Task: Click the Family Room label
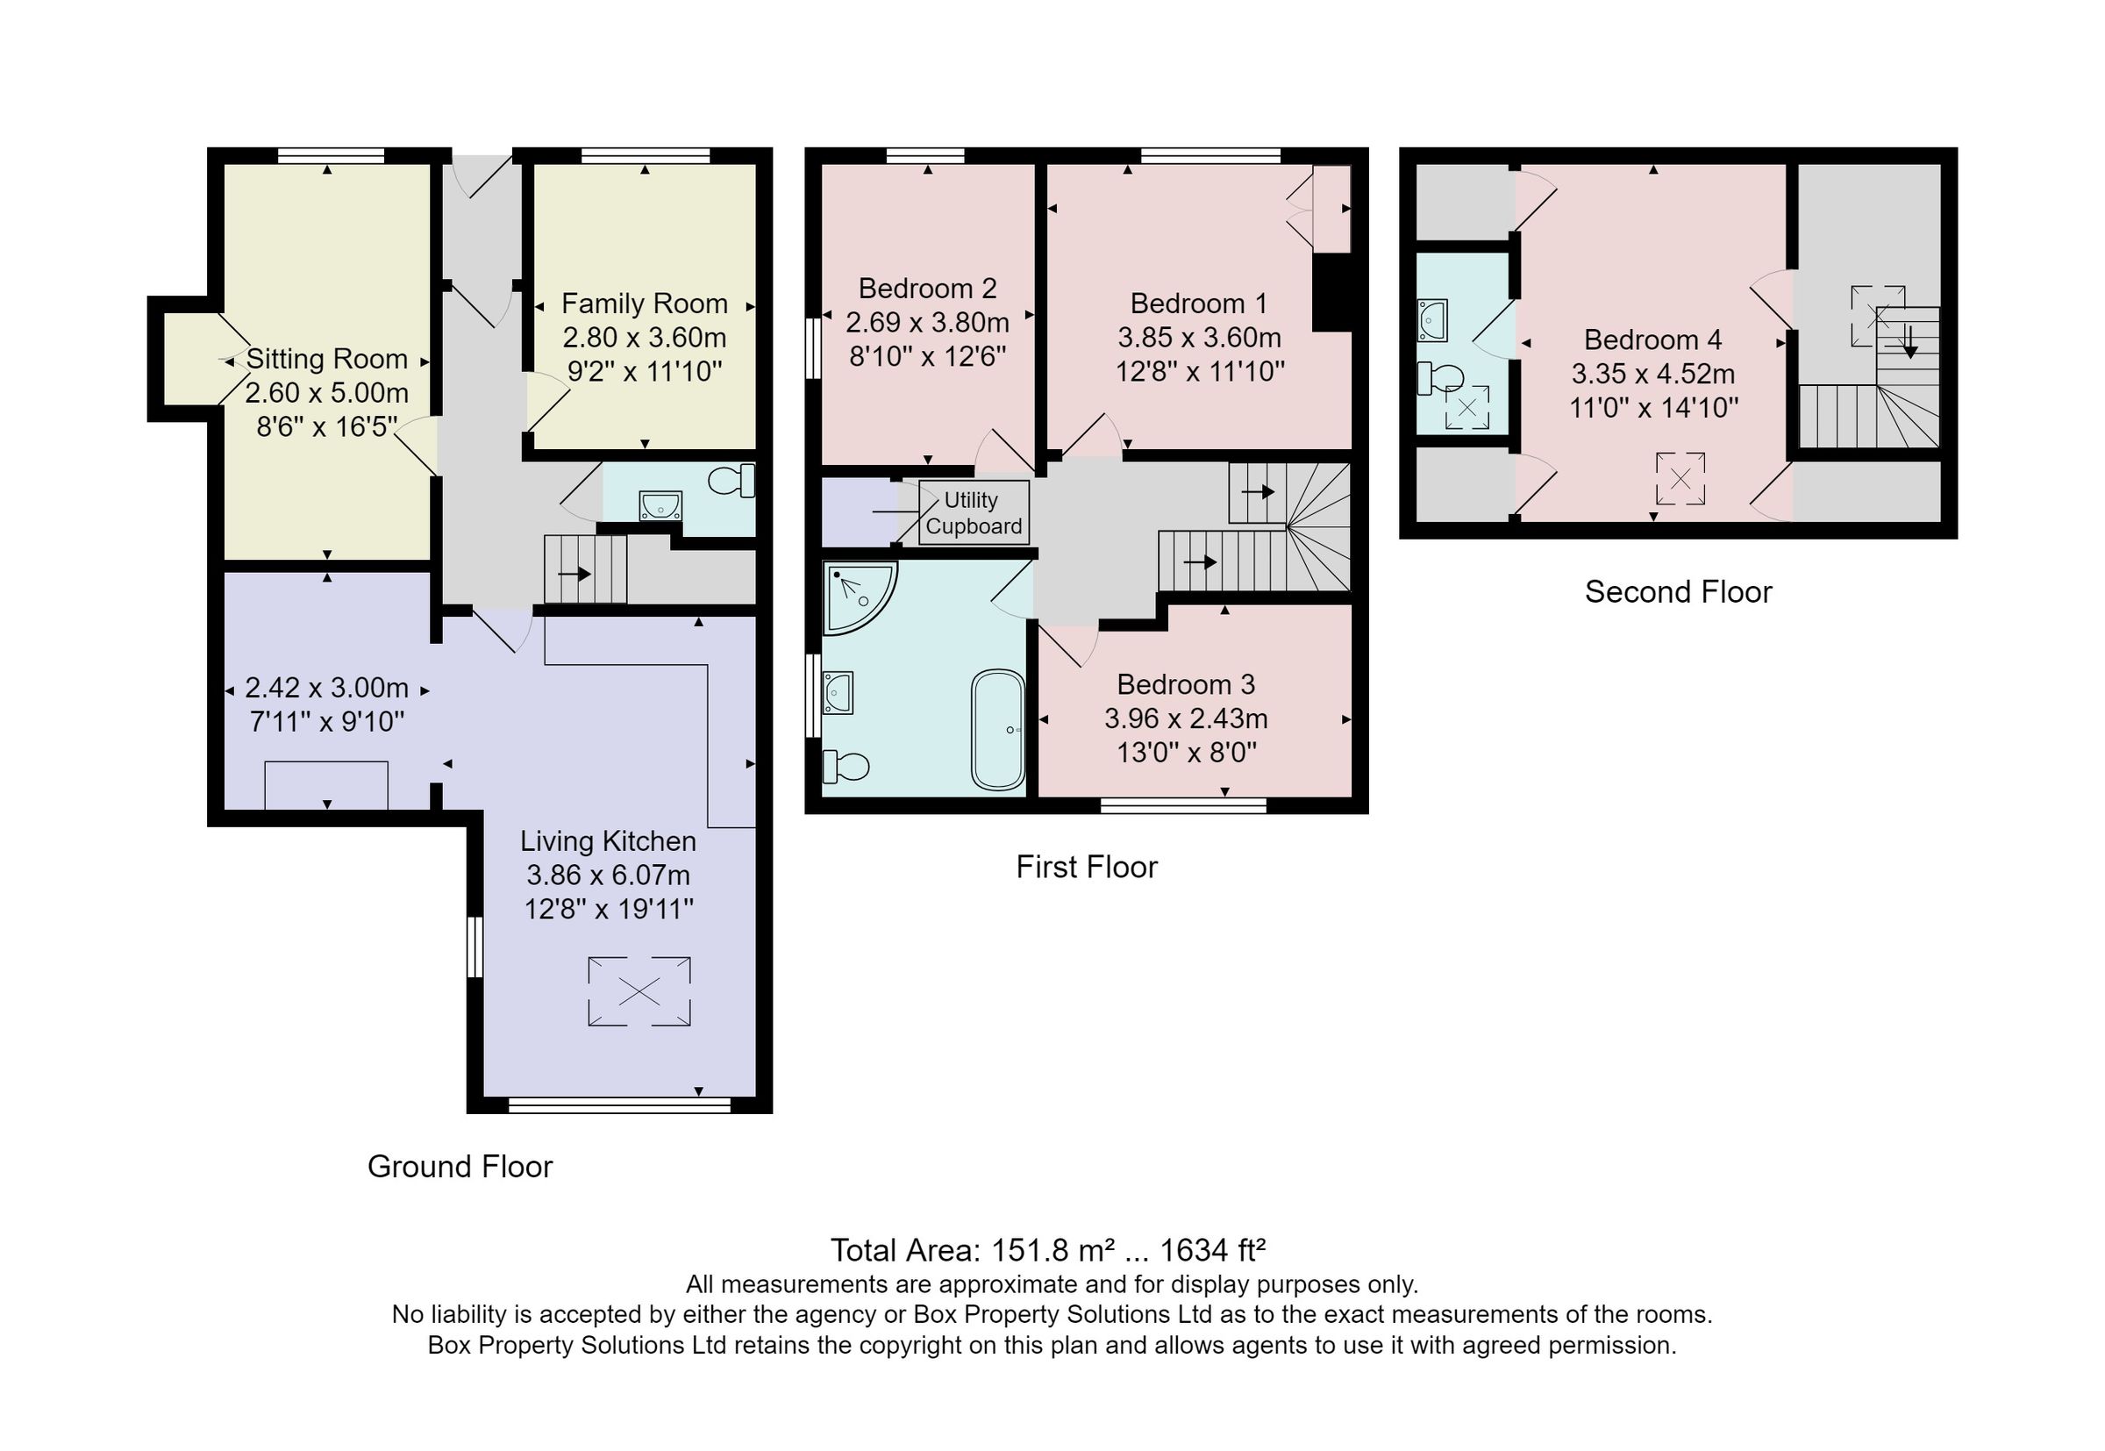pyautogui.click(x=644, y=303)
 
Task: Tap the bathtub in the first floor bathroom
pyautogui.click(x=997, y=730)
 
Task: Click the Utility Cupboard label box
pyautogui.click(x=973, y=512)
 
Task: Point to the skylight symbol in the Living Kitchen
pyautogui.click(x=639, y=991)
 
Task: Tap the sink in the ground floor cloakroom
pyautogui.click(x=660, y=504)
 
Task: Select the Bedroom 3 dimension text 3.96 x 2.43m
pyautogui.click(x=1185, y=718)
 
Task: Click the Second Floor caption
pyautogui.click(x=1677, y=592)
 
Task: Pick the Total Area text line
pyautogui.click(x=1047, y=1250)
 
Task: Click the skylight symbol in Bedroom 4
pyautogui.click(x=1680, y=478)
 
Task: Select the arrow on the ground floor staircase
pyautogui.click(x=574, y=574)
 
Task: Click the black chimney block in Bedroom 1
pyautogui.click(x=1331, y=293)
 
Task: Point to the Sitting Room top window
pyautogui.click(x=330, y=155)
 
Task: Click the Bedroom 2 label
pyautogui.click(x=927, y=289)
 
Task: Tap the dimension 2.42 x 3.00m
pyautogui.click(x=326, y=687)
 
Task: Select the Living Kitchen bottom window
pyautogui.click(x=619, y=1104)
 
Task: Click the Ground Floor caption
pyautogui.click(x=459, y=1167)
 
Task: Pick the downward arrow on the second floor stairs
pyautogui.click(x=1909, y=342)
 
